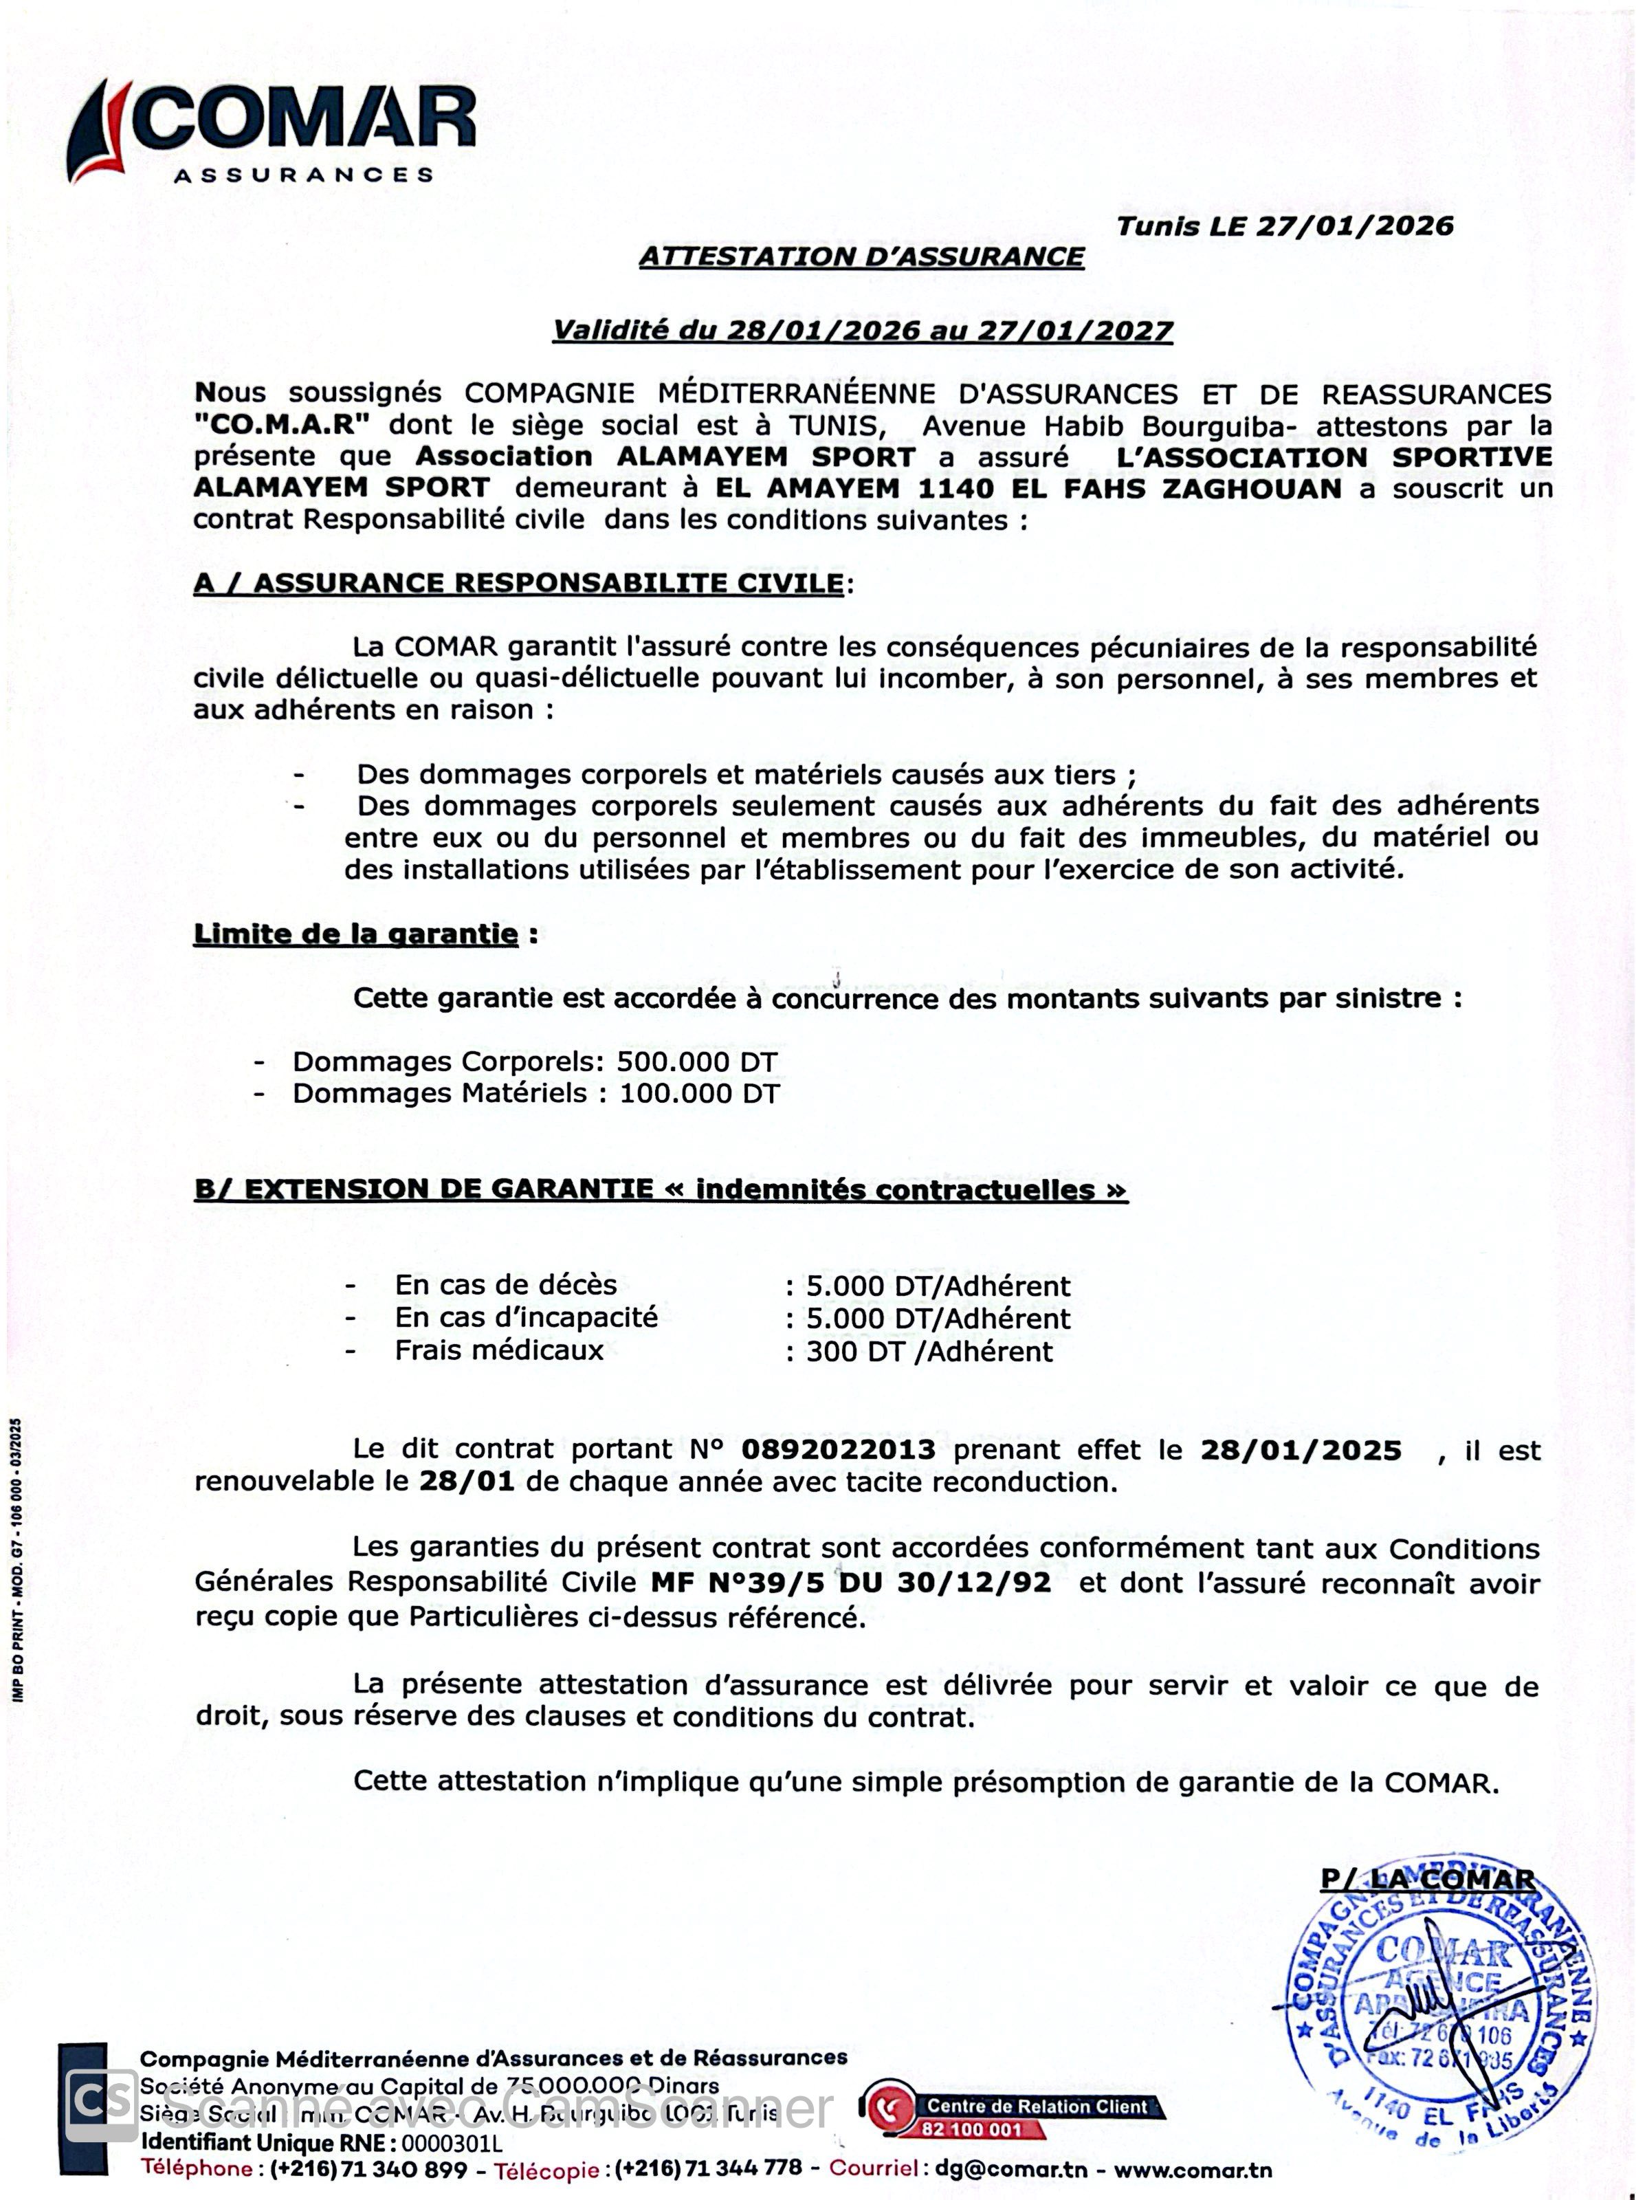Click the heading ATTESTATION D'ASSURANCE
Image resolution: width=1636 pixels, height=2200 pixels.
pyautogui.click(x=861, y=256)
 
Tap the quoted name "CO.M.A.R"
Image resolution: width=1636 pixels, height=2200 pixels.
pyautogui.click(x=283, y=425)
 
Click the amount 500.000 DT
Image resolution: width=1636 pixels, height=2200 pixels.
pyautogui.click(x=697, y=1062)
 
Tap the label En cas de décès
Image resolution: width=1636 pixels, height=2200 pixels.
pyautogui.click(x=505, y=1286)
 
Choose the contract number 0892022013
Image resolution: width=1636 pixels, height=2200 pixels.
pyautogui.click(x=838, y=1449)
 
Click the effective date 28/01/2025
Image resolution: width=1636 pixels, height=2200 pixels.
pyautogui.click(x=1301, y=1450)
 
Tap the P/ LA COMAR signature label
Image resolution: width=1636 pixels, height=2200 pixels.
pyautogui.click(x=1427, y=1879)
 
